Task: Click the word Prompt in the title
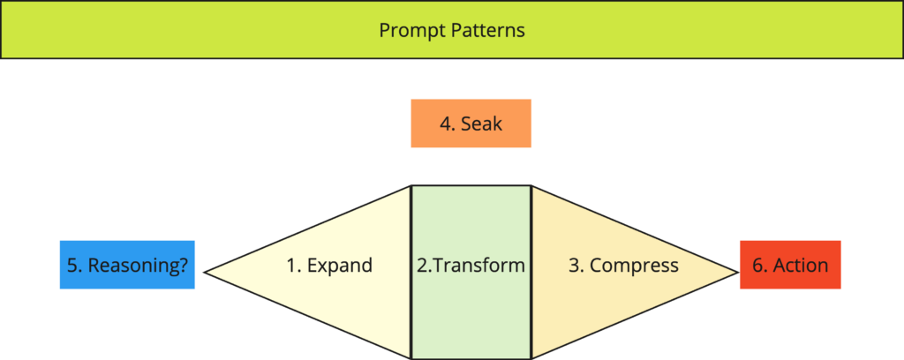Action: tap(412, 31)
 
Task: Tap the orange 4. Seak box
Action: tap(471, 124)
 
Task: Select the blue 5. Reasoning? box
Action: tap(127, 265)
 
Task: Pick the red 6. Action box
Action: tap(790, 265)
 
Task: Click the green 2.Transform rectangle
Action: tap(471, 272)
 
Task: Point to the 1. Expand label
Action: tap(330, 266)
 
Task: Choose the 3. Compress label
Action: tap(624, 266)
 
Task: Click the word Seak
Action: tap(481, 124)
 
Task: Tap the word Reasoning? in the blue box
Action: tap(138, 266)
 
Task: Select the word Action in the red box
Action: tap(801, 265)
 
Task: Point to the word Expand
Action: tap(340, 266)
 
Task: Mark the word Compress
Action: tap(634, 266)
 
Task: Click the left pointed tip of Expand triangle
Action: tap(205, 273)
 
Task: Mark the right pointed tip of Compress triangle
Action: tap(739, 272)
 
